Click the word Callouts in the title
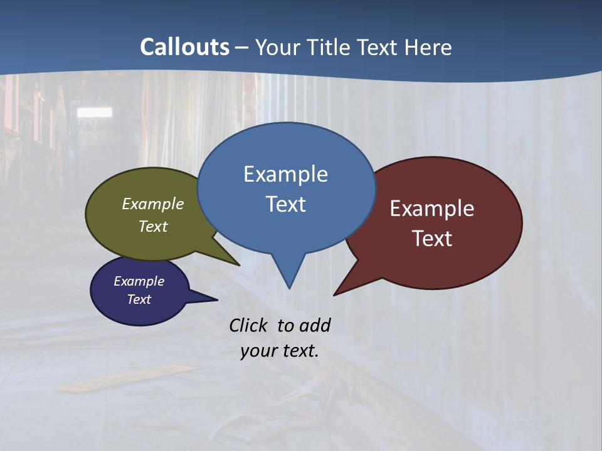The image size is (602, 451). pyautogui.click(x=184, y=47)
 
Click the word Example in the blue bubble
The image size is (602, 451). pyautogui.click(x=285, y=174)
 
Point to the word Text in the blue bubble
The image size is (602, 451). pyautogui.click(x=285, y=204)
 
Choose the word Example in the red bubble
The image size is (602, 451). pyautogui.click(x=432, y=209)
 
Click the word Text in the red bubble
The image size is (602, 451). pyautogui.click(x=432, y=239)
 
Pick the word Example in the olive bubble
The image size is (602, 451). pyautogui.click(x=153, y=204)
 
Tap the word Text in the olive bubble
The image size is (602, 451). pyautogui.click(x=153, y=226)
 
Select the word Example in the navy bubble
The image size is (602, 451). pyautogui.click(x=139, y=281)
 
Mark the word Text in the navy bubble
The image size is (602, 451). pyautogui.click(x=139, y=299)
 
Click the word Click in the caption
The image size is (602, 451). pyautogui.click(x=250, y=325)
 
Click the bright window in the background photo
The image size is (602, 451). pyautogui.click(x=94, y=112)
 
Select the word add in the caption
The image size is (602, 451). pyautogui.click(x=314, y=325)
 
